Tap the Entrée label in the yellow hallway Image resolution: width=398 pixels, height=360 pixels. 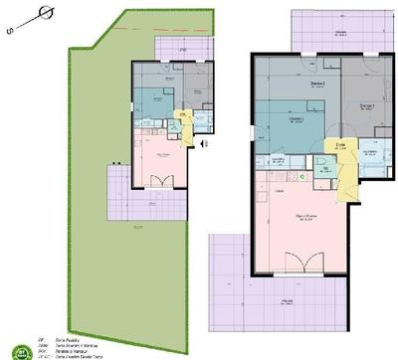tap(340, 145)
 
